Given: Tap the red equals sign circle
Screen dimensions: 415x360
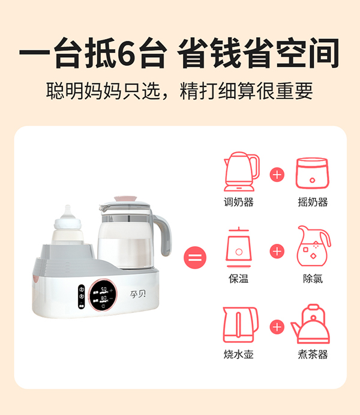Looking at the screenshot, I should pyautogui.click(x=196, y=259).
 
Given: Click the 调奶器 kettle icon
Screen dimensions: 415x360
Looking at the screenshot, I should pyautogui.click(x=241, y=171).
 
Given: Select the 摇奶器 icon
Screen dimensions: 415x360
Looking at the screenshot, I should pyautogui.click(x=313, y=174).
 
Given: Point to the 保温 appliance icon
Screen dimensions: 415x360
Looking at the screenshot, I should pyautogui.click(x=239, y=247).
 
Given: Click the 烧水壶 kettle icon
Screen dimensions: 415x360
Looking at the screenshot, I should pyautogui.click(x=240, y=325).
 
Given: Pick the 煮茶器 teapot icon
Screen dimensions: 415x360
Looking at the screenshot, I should pyautogui.click(x=312, y=324).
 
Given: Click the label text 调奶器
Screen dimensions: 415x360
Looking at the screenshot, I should pyautogui.click(x=239, y=202).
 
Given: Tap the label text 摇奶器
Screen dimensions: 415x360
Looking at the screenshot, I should pyautogui.click(x=313, y=202).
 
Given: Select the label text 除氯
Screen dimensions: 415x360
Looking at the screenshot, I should pyautogui.click(x=313, y=279).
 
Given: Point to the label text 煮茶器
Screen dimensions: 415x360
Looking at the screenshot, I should pyautogui.click(x=313, y=354).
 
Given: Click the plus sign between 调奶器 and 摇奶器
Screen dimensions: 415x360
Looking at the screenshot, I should pyautogui.click(x=277, y=175).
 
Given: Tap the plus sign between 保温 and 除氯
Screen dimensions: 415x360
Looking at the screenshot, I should pyautogui.click(x=277, y=250).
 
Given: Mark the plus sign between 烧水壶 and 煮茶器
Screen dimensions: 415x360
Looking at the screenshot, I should pyautogui.click(x=277, y=327).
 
